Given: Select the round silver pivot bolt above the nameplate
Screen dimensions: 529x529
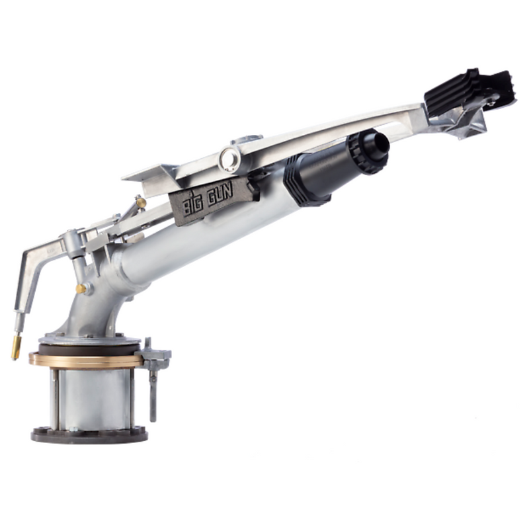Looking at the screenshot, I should pyautogui.click(x=230, y=159).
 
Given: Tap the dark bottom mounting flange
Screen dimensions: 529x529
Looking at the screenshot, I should pyautogui.click(x=89, y=434).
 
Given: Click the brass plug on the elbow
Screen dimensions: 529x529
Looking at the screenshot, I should pyautogui.click(x=81, y=288).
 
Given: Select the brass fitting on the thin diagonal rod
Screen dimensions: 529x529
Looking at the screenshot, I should pyautogui.click(x=140, y=202).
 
